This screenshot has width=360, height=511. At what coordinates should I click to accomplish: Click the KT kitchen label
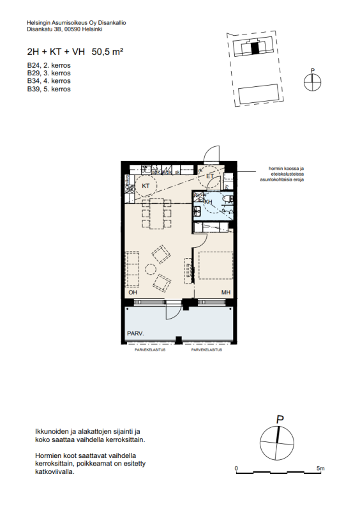(146, 186)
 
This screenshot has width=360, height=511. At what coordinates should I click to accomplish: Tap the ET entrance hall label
(209, 177)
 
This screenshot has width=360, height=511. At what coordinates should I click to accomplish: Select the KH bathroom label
(207, 202)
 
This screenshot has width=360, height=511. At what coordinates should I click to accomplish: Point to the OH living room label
(133, 293)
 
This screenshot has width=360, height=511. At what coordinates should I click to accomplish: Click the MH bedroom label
(225, 293)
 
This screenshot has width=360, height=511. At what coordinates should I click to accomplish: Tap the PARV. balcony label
(135, 333)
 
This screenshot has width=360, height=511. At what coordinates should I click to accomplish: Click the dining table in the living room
(156, 213)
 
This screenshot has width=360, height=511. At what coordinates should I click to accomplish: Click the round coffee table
(151, 269)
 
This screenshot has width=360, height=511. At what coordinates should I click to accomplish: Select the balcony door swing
(172, 311)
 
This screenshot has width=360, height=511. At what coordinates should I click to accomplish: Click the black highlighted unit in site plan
(255, 47)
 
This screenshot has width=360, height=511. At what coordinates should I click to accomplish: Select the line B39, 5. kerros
(49, 89)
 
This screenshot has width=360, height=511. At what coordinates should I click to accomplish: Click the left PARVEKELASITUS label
(149, 350)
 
